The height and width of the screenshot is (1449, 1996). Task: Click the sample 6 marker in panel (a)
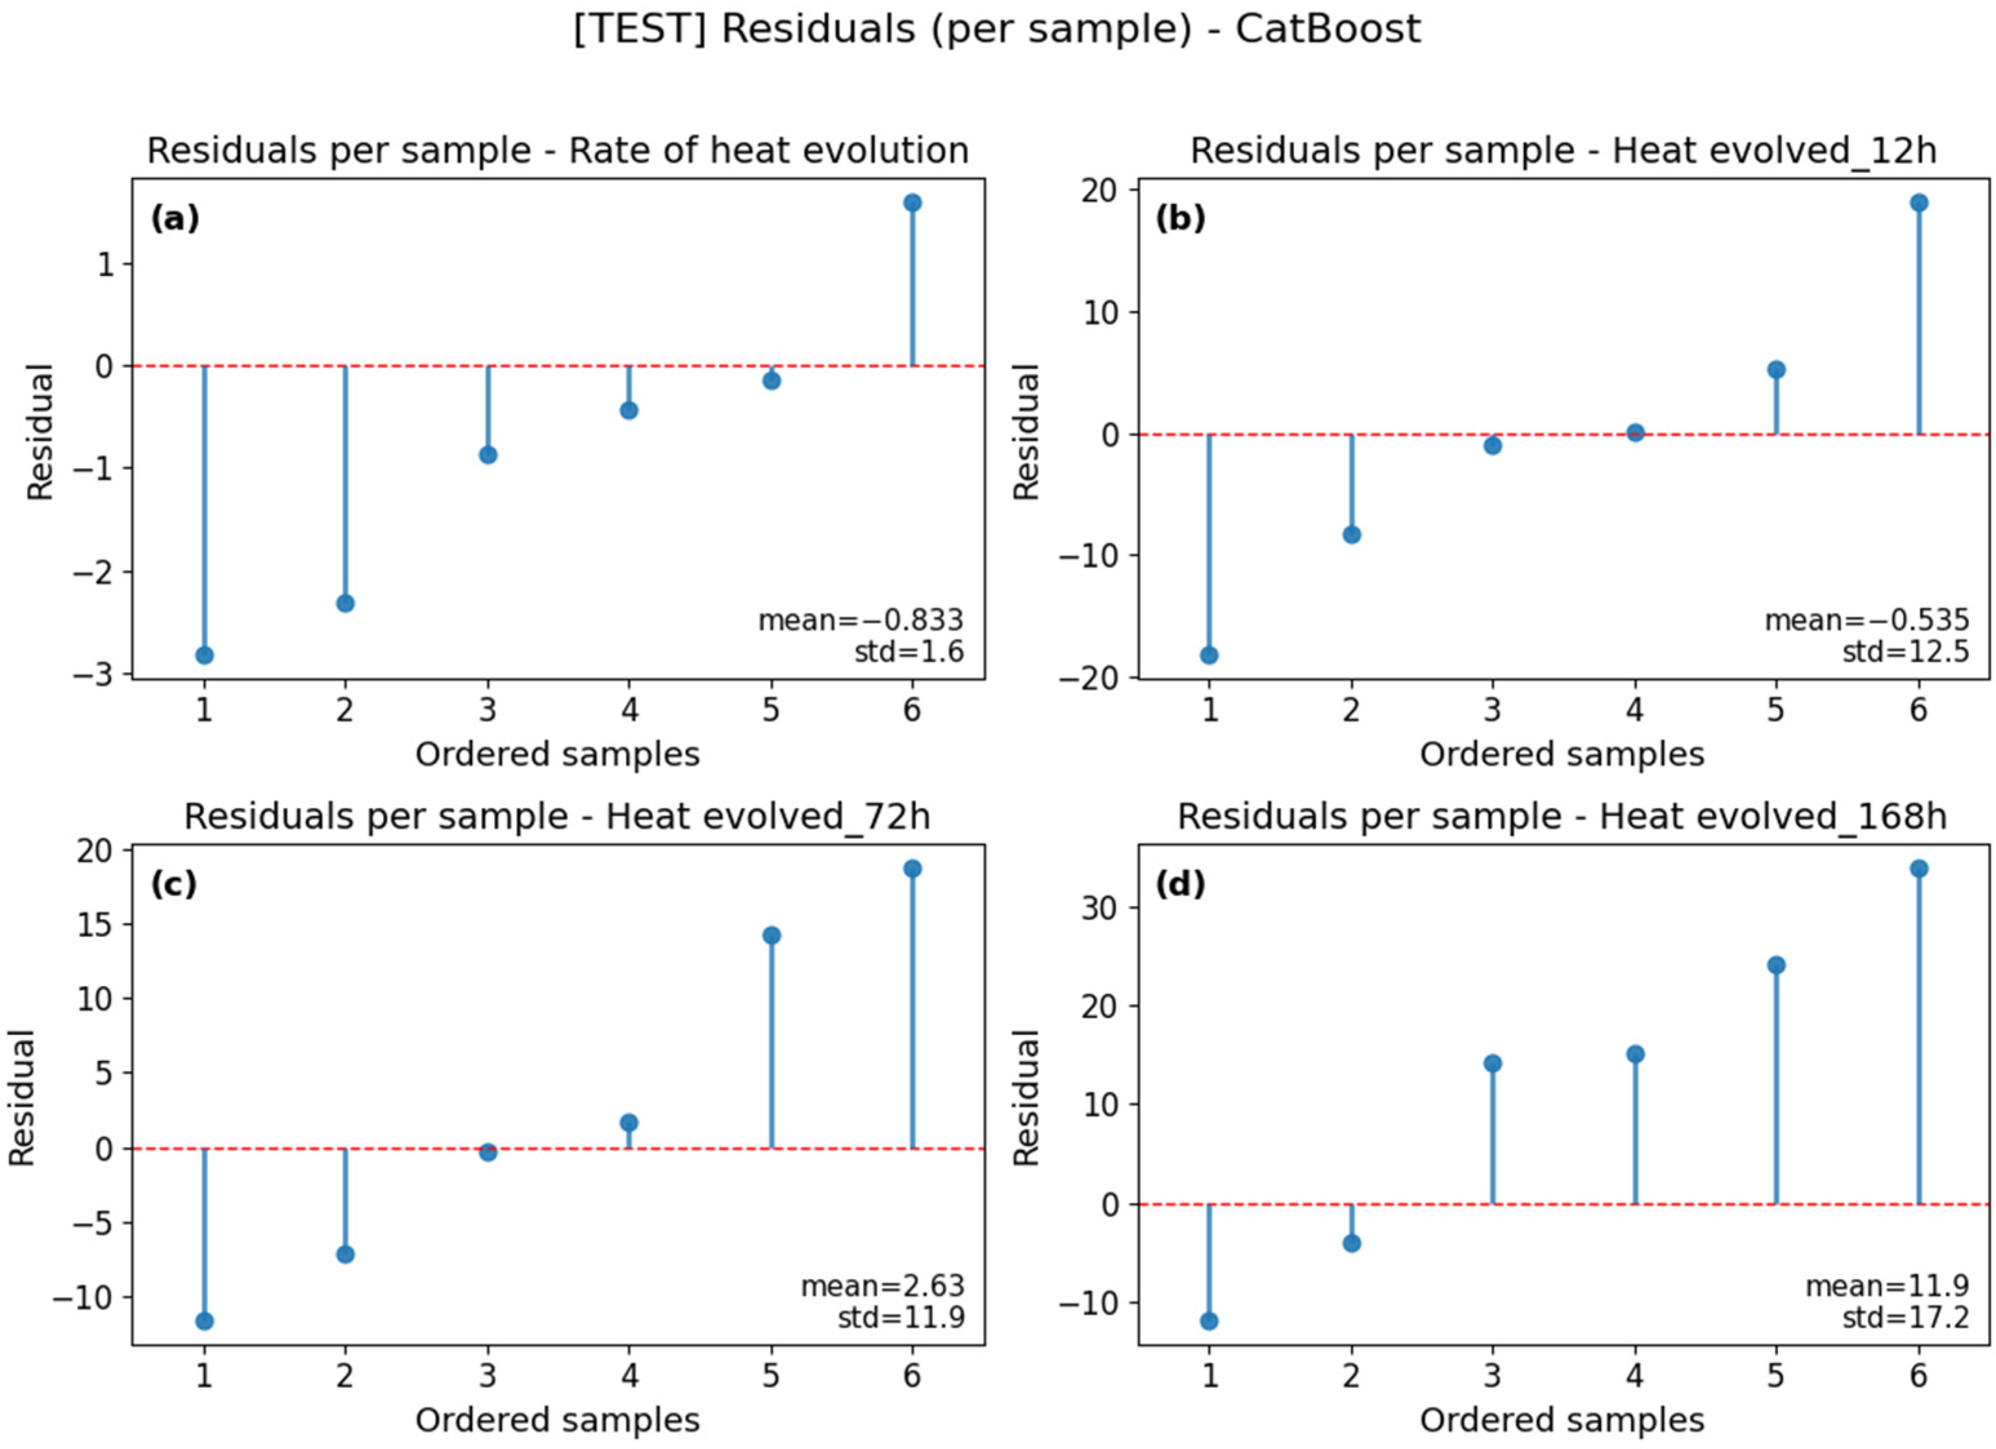pos(913,203)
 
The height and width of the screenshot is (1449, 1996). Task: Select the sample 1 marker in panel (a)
pos(204,655)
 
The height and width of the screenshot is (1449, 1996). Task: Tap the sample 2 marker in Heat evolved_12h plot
pos(1352,535)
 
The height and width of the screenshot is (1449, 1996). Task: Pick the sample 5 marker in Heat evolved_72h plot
pos(772,935)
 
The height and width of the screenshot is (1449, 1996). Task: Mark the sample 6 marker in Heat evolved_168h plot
pos(1919,869)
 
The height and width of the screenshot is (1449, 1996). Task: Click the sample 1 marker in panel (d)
pos(1209,1321)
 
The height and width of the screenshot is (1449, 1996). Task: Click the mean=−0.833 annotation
pos(861,620)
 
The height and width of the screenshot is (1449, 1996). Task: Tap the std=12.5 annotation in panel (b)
pos(1906,652)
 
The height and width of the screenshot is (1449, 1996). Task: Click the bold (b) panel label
pos(1180,218)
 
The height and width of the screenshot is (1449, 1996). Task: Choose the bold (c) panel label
pos(173,884)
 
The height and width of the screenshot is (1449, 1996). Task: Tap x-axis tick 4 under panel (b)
pos(1635,709)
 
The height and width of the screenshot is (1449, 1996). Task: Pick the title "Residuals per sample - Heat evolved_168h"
pos(1562,817)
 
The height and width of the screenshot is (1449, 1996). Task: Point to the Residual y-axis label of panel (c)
pos(21,1098)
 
